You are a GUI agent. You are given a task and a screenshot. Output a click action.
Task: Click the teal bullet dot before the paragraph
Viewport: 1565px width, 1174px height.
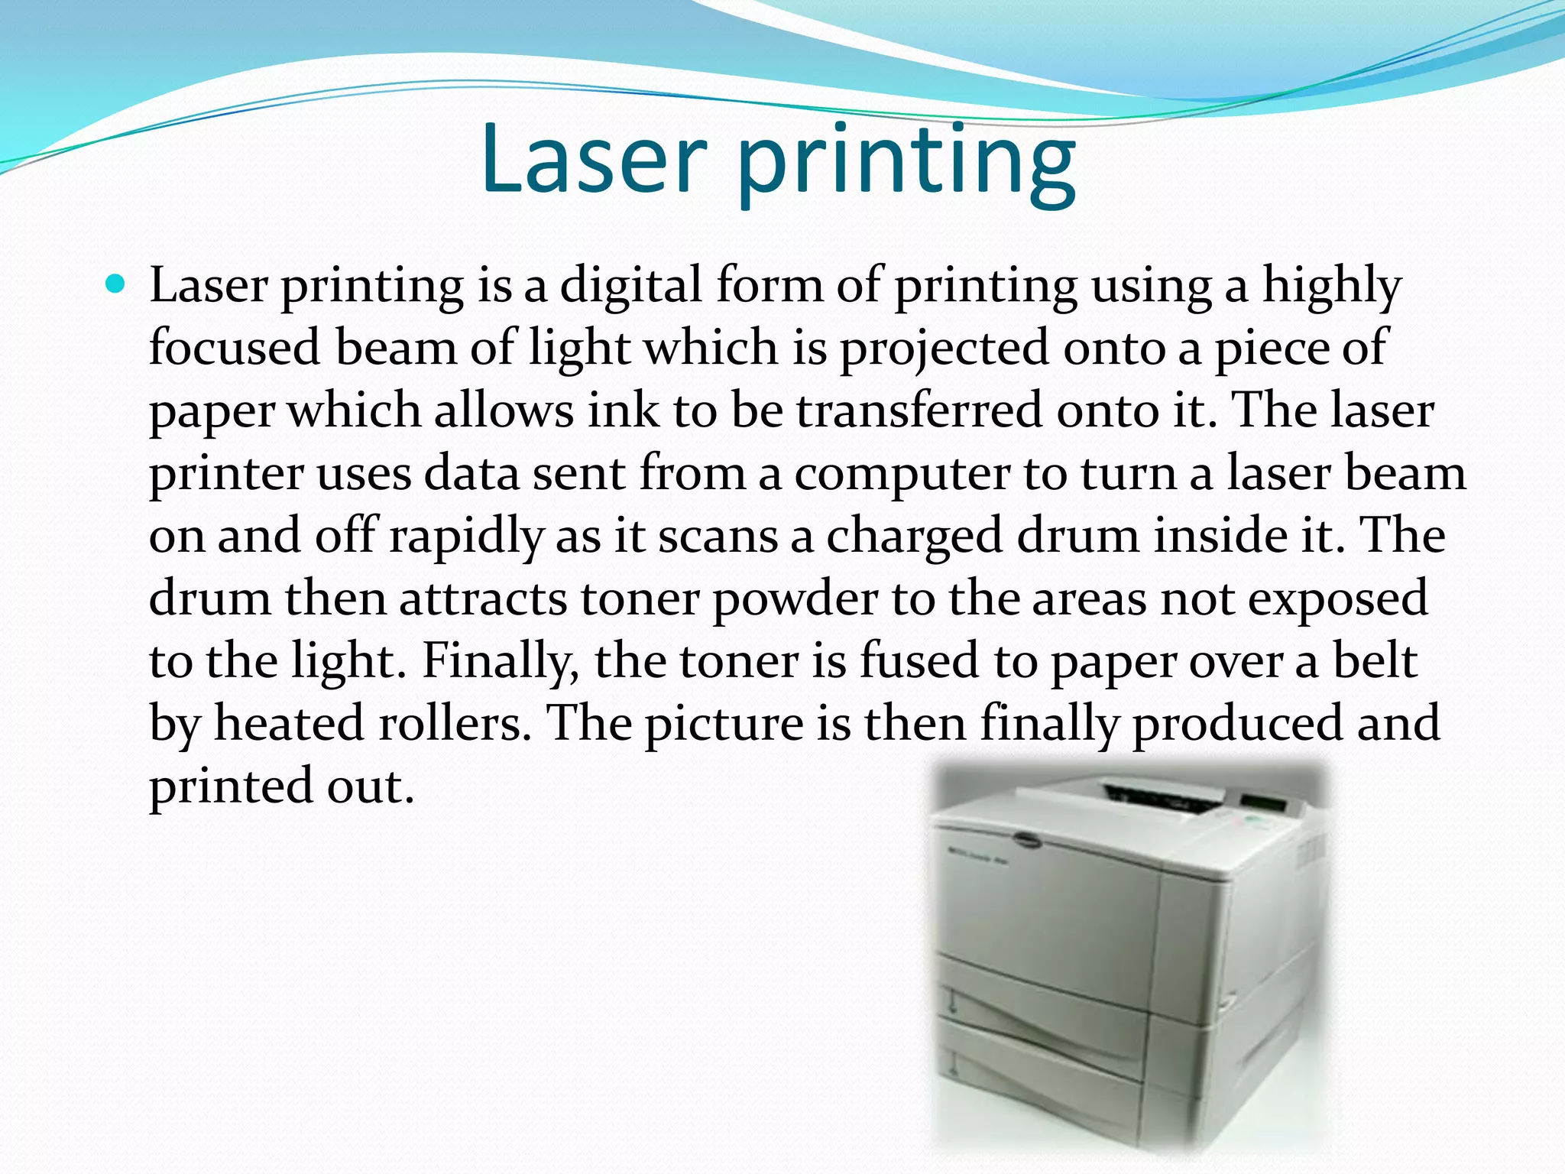(116, 285)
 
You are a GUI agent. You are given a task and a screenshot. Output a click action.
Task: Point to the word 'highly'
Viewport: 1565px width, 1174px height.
(1331, 287)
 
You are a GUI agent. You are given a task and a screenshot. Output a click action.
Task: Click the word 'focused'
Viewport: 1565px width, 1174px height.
(235, 348)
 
